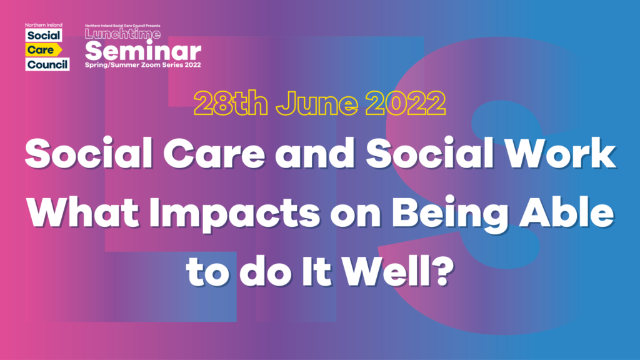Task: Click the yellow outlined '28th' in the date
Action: (231, 103)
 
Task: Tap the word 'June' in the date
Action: (317, 103)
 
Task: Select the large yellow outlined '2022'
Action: (405, 103)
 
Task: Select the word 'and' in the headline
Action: (315, 154)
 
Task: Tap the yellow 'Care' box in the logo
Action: (44, 50)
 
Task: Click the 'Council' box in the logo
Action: (47, 64)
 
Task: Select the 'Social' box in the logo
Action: (44, 35)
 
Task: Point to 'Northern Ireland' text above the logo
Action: (44, 25)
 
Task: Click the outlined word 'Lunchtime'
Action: (122, 34)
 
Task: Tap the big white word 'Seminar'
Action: (143, 51)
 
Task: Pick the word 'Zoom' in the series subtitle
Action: (151, 65)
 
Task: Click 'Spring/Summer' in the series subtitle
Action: (112, 65)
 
